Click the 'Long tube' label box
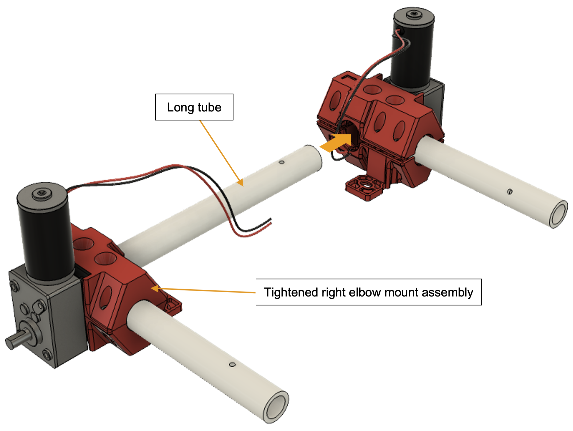194,107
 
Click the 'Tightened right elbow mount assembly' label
369,292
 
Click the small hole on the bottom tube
232,364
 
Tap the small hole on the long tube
281,162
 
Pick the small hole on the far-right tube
510,191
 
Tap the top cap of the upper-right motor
414,16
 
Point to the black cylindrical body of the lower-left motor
45,240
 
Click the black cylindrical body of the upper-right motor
412,53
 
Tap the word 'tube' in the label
209,107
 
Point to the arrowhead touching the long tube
240,182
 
